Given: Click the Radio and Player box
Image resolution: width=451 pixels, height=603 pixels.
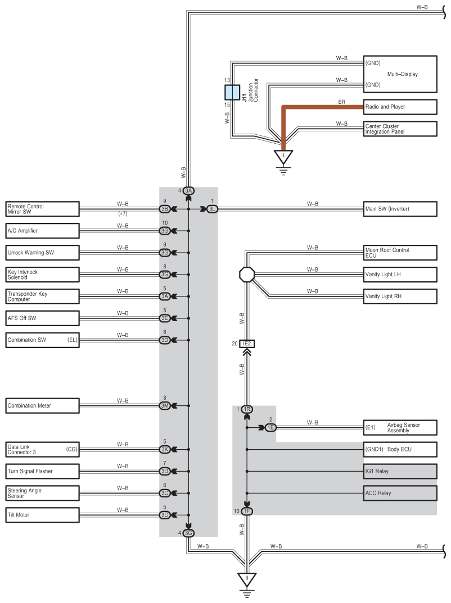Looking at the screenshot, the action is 400,107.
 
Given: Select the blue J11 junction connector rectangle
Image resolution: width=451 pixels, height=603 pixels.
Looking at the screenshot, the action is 232,93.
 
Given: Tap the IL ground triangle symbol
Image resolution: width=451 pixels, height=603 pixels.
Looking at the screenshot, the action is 283,157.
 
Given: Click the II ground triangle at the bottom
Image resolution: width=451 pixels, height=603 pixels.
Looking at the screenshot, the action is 247,579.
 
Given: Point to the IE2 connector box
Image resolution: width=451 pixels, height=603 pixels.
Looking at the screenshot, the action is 247,344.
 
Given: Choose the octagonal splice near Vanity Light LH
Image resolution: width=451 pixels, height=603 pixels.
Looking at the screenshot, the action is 247,275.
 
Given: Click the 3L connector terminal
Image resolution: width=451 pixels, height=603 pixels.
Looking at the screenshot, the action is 212,209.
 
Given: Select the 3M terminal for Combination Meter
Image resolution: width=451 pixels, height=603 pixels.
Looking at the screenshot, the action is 165,406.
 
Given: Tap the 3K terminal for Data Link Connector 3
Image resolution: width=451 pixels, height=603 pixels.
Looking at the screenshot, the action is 165,449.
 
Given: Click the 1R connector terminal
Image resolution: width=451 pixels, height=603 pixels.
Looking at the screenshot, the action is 247,409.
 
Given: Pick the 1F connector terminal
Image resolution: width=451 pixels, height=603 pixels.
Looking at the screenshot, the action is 247,511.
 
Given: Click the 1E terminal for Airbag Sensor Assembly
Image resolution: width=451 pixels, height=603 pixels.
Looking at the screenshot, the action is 270,427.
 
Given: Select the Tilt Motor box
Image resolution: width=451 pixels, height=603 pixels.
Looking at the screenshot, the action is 42,515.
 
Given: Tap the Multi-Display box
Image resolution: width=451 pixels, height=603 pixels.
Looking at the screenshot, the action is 400,74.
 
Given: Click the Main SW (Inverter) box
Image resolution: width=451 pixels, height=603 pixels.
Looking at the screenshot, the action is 400,209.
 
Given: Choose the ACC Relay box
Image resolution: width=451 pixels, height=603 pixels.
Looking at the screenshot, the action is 400,493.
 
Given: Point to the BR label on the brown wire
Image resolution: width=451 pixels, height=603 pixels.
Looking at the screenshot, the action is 341,102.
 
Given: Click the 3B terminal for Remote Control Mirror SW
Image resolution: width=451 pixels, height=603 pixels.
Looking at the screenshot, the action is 165,209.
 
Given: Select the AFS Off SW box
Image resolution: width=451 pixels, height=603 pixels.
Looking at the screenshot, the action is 42,318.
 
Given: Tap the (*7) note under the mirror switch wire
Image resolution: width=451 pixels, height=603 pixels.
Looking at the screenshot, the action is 123,214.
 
